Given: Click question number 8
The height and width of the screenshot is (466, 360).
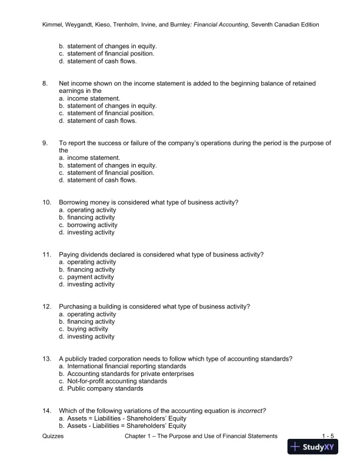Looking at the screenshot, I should pyautogui.click(x=45, y=84).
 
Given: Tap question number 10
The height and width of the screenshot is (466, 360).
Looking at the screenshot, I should pyautogui.click(x=47, y=202).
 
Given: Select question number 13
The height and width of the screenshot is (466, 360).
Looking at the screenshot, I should pyautogui.click(x=47, y=359).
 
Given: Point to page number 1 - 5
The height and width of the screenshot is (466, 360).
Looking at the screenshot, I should pyautogui.click(x=328, y=436).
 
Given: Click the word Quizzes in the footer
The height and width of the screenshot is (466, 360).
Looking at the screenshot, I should pyautogui.click(x=54, y=436).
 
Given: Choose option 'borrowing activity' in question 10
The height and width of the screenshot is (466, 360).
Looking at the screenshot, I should pyautogui.click(x=92, y=225).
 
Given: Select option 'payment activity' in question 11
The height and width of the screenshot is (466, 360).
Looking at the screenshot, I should pyautogui.click(x=91, y=277).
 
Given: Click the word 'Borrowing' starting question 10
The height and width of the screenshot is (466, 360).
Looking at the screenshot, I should pyautogui.click(x=74, y=202).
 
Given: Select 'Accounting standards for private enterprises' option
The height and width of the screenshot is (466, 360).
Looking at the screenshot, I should pyautogui.click(x=130, y=374).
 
